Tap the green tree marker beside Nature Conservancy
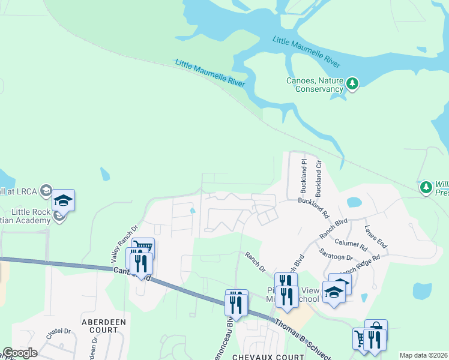pyautogui.click(x=353, y=83)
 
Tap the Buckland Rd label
pyautogui.click(x=314, y=207)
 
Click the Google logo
pyautogui.click(x=19, y=353)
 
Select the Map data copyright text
pyautogui.click(x=424, y=355)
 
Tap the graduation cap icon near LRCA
pyautogui.click(x=62, y=201)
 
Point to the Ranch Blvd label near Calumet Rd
pyautogui.click(x=334, y=230)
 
